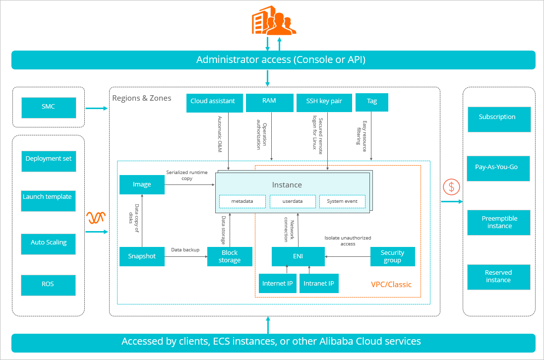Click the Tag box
pos(372,102)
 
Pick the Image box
pos(142,184)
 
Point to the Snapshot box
pos(142,256)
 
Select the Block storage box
pos(230,256)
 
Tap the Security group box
pos(392,256)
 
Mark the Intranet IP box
pos(318,284)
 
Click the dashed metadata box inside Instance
pos(242,201)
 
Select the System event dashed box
pos(342,201)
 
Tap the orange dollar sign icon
pos(451,187)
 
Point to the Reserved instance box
pos(498,277)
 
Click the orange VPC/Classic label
pos(391,285)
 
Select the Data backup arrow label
pos(185,250)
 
